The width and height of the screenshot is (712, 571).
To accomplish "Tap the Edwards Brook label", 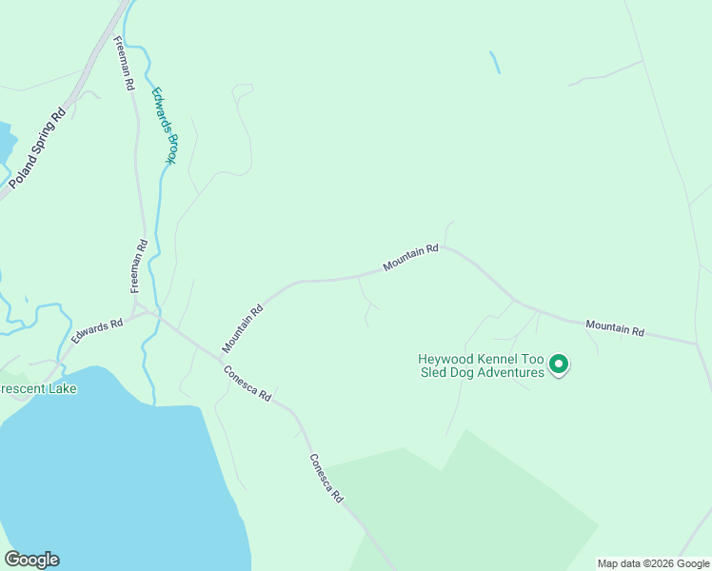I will click(164, 126).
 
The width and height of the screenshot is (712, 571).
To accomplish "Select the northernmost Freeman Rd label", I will click(125, 63).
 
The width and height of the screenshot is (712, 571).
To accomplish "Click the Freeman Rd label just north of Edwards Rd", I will click(139, 265).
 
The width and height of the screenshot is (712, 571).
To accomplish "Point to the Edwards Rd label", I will click(97, 331).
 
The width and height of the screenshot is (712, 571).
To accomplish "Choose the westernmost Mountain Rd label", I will click(243, 328).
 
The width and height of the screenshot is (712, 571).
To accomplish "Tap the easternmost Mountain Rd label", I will click(615, 328).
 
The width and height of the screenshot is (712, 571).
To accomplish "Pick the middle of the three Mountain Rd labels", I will click(410, 257).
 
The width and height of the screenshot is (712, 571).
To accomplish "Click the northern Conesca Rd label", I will click(248, 383).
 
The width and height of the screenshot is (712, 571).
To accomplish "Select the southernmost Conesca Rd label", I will click(326, 478).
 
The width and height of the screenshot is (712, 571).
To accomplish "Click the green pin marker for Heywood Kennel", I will click(560, 364).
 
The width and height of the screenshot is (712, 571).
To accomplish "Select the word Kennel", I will click(505, 360).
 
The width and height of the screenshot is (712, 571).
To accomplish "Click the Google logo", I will click(31, 560).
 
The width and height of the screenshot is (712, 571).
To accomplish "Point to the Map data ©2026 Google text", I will click(653, 563).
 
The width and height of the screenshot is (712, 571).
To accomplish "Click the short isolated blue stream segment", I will click(494, 62).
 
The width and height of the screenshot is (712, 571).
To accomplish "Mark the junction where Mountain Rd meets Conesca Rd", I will click(222, 357).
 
